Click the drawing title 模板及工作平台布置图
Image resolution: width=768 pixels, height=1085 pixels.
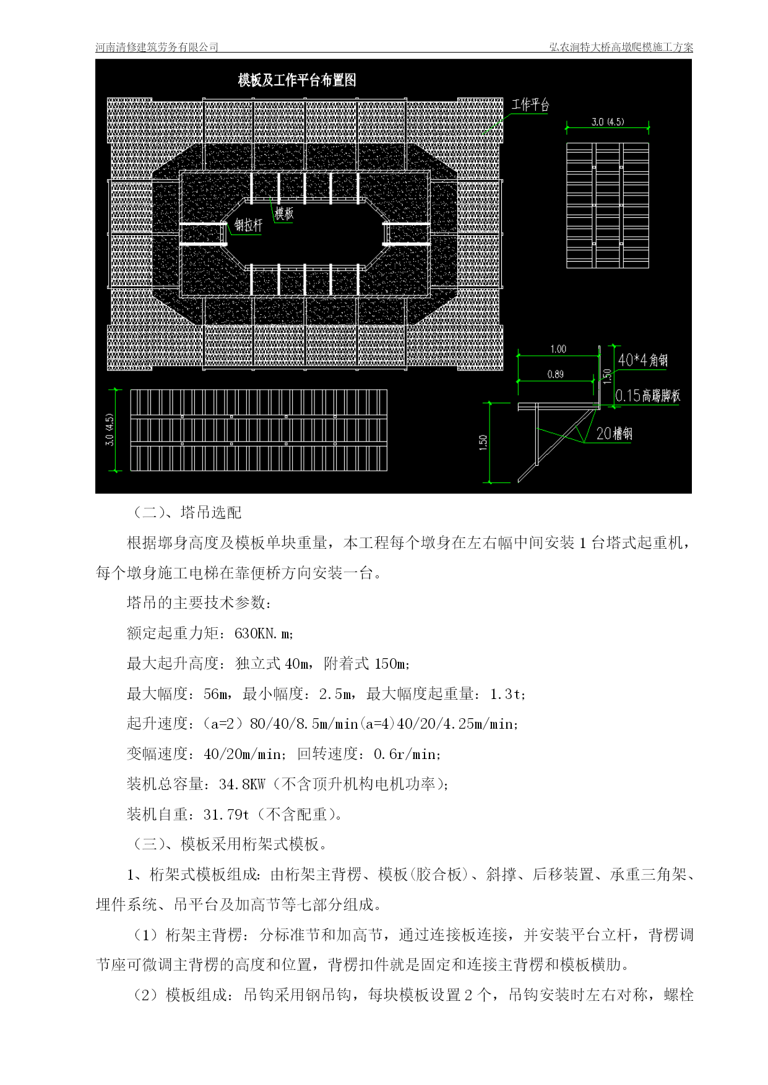(x=297, y=80)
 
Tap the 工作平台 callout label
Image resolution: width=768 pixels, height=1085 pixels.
(x=530, y=105)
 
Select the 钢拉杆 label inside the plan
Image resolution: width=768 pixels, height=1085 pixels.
(x=248, y=225)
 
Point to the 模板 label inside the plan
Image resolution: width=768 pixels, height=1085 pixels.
(x=284, y=213)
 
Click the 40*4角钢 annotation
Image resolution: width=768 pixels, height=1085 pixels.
(x=643, y=359)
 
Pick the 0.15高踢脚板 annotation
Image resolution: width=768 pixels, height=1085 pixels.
(x=648, y=395)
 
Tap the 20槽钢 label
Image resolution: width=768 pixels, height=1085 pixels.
(x=614, y=434)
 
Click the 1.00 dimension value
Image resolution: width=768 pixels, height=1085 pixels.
(x=558, y=349)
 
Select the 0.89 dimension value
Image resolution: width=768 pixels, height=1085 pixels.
(x=556, y=374)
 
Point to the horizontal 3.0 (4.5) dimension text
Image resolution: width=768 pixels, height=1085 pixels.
(x=608, y=122)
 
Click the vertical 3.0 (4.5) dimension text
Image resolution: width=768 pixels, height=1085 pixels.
(x=110, y=430)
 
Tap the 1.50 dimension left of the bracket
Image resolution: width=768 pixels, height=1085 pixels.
(x=483, y=443)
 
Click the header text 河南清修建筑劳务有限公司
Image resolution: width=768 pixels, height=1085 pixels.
(x=157, y=47)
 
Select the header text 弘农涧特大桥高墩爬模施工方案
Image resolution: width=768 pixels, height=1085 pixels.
(x=621, y=47)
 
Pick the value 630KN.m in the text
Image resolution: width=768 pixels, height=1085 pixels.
(x=264, y=633)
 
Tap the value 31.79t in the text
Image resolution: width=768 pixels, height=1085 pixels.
(x=226, y=815)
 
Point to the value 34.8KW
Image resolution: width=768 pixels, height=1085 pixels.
(x=242, y=784)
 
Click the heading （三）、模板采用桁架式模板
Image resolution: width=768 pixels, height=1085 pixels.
(x=227, y=844)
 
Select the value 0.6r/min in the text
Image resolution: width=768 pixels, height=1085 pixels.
(x=406, y=754)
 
